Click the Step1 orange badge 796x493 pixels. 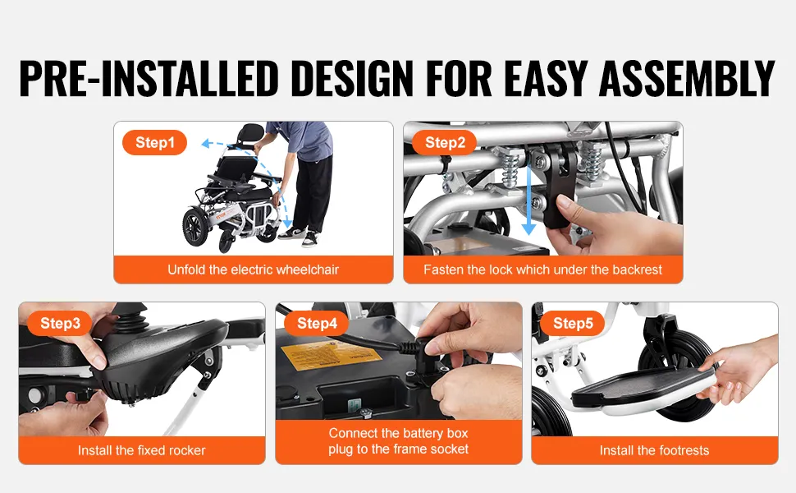[x=154, y=142]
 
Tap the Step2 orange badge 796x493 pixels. [x=444, y=142]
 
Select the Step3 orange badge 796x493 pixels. [x=60, y=323]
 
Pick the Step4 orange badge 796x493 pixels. [x=317, y=323]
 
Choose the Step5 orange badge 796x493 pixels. [x=573, y=323]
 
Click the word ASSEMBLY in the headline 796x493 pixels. [x=687, y=79]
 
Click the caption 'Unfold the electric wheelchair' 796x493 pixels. [x=254, y=270]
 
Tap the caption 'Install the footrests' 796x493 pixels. [x=654, y=450]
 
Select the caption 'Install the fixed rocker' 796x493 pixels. [x=142, y=450]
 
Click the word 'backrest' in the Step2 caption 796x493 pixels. [x=639, y=270]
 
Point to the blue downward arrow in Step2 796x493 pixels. [x=529, y=198]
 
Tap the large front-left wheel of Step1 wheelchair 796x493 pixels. [x=196, y=228]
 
